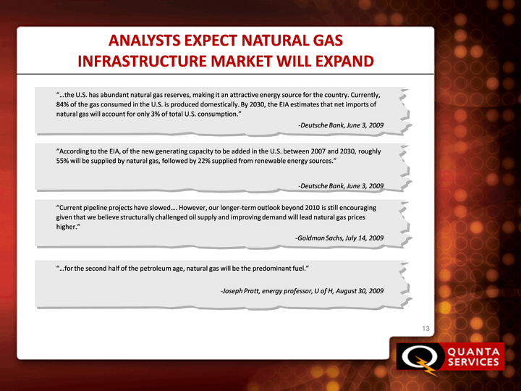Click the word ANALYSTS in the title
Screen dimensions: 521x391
145,41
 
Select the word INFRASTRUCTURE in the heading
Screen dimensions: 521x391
143,61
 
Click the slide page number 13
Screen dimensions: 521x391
425,329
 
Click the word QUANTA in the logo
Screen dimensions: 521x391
473,352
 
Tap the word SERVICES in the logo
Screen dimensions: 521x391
473,362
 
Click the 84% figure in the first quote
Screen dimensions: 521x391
62,104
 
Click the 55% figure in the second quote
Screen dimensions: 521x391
62,161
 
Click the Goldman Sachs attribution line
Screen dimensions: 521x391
339,238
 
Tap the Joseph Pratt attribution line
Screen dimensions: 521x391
302,291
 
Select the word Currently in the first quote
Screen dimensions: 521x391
365,95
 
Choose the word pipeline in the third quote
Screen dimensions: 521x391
90,208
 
